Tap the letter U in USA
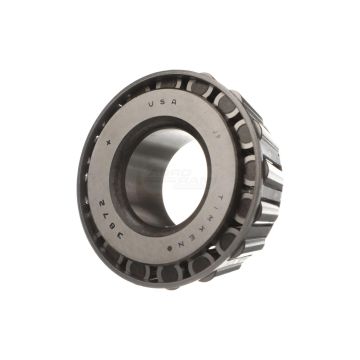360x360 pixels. tap(152, 104)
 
